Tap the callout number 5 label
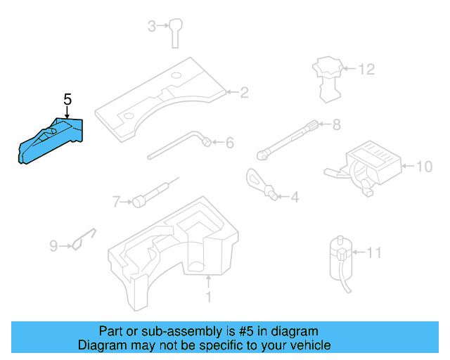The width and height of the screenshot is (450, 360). pos(67,100)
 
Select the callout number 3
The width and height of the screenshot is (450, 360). pos(151,27)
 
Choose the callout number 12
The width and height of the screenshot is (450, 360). pos(367,70)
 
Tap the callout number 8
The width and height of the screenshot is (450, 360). pos(336,125)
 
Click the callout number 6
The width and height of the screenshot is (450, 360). pos(229,143)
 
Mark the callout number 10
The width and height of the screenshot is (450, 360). pos(424,167)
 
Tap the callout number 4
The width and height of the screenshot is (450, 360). pos(294,198)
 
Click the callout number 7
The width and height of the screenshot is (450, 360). pos(117,202)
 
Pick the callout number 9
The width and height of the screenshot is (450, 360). pos(53,245)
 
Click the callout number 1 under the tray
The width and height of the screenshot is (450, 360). pos(208,297)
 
